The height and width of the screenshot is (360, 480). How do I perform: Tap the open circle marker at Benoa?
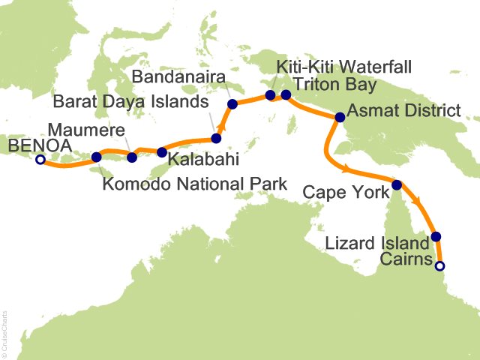coord(40,159)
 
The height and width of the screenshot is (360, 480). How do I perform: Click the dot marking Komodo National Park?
coord(96,157)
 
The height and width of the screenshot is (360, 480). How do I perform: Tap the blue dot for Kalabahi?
coord(161,152)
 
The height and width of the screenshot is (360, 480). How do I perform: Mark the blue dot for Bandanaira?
coord(232,104)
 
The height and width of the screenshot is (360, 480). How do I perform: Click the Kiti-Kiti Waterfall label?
coord(344,67)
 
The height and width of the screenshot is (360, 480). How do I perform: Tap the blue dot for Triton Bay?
coord(286,94)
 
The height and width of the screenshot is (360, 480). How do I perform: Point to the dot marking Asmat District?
coord(340,117)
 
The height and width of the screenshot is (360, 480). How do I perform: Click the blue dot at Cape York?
coord(396,184)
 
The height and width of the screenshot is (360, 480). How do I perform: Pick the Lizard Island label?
coord(378,242)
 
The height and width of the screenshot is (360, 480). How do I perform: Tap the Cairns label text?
coord(406,260)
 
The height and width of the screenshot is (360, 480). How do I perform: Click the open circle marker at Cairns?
coord(440,265)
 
